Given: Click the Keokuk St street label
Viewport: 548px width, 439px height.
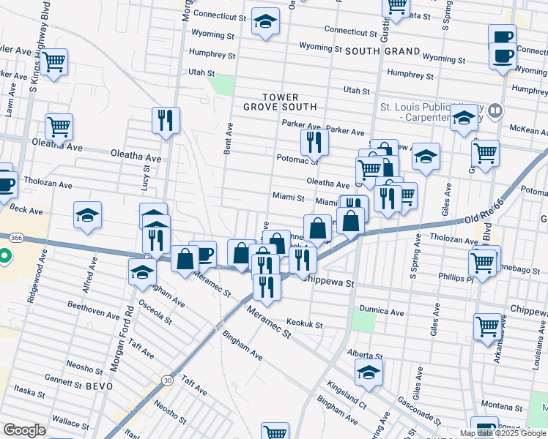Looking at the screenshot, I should (x=305, y=323).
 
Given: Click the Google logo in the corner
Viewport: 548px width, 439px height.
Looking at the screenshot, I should (x=25, y=430).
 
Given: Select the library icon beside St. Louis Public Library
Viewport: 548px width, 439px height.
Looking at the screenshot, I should (x=496, y=111).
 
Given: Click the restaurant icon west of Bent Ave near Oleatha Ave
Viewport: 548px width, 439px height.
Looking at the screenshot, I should (x=166, y=119).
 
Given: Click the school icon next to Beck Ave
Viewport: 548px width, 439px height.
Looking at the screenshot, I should (x=87, y=215).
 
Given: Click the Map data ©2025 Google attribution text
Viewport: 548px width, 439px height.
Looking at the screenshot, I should (x=503, y=433).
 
